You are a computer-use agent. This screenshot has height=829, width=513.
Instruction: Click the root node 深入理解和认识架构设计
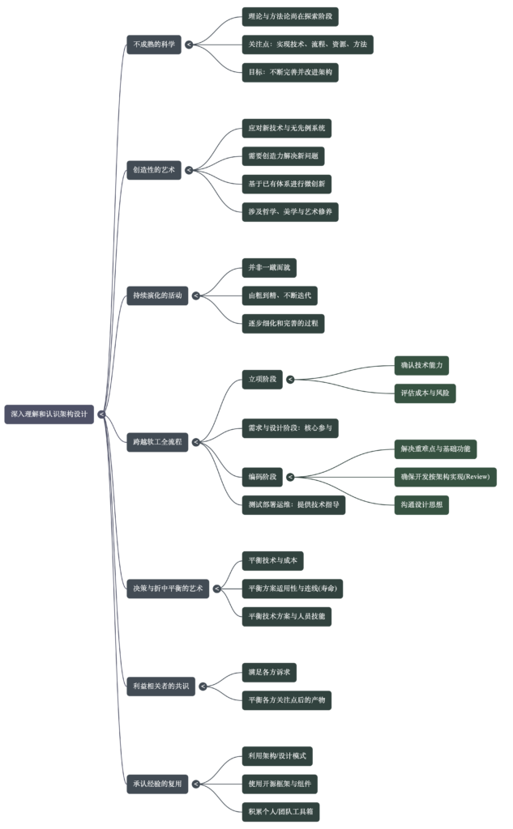click(x=49, y=414)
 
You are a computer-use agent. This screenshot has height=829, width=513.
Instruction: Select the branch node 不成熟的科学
click(x=154, y=45)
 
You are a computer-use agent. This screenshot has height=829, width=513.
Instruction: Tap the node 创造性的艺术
click(x=154, y=170)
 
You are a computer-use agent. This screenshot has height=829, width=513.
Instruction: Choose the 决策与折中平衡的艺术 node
click(x=168, y=589)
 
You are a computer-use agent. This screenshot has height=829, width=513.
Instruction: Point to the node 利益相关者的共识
click(x=160, y=687)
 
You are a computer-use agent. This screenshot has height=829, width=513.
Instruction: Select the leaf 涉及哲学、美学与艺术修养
click(x=290, y=212)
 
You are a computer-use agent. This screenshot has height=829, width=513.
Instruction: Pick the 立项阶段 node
click(x=262, y=379)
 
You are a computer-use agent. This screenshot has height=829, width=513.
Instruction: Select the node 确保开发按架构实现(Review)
click(x=445, y=477)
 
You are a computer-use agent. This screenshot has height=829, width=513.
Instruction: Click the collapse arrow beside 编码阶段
click(x=290, y=477)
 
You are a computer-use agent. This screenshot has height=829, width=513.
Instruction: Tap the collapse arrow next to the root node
click(x=101, y=414)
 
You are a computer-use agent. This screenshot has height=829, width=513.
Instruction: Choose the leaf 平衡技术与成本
click(x=272, y=560)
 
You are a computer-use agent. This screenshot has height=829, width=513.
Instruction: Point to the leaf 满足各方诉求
click(x=269, y=672)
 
